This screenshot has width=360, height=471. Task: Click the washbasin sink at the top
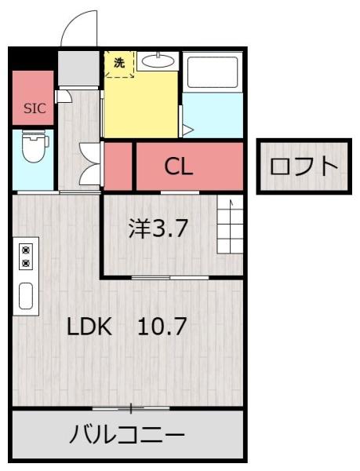tap(158, 61)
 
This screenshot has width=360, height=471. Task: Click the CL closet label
tap(178, 166)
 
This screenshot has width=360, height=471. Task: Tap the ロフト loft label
tap(303, 166)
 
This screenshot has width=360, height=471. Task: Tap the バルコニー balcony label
tap(126, 434)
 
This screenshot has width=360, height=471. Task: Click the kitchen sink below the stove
tap(26, 296)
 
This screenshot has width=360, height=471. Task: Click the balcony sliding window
tap(130, 408)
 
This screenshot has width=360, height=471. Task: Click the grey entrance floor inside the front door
tap(78, 68)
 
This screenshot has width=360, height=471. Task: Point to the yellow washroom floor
tap(141, 106)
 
